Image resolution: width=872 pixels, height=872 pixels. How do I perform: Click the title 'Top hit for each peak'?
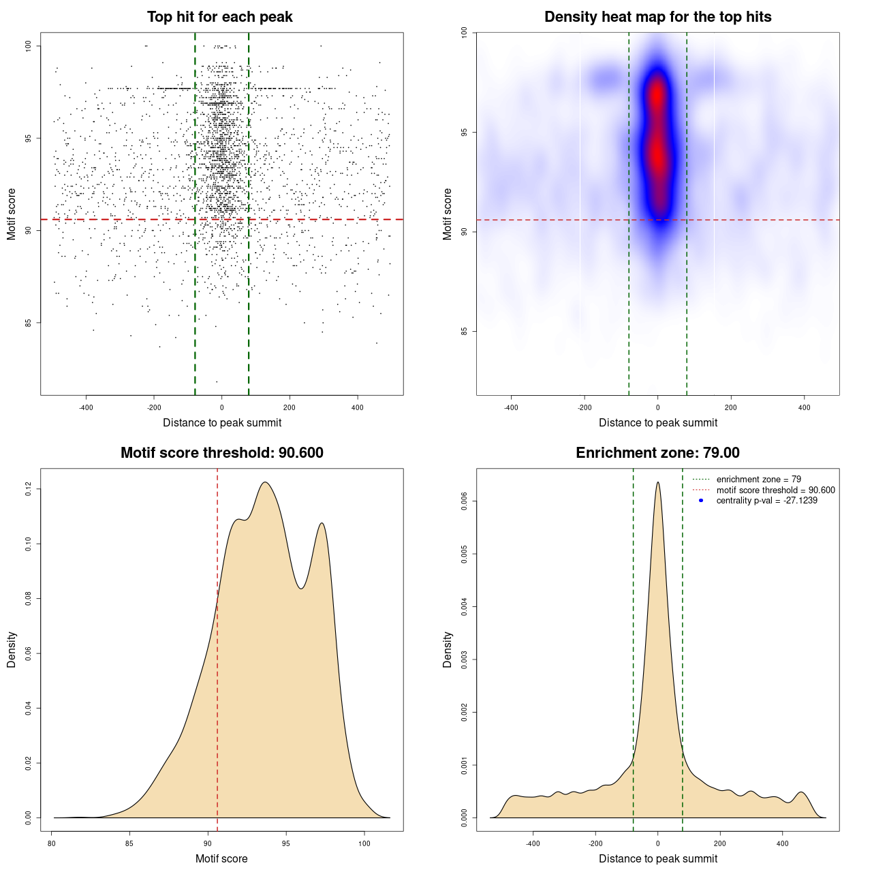tap(220, 17)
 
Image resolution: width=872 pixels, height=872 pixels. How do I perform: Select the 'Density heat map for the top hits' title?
tap(657, 17)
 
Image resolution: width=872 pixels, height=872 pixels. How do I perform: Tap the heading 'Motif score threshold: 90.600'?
tap(221, 453)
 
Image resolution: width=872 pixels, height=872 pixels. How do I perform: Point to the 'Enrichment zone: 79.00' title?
tap(657, 453)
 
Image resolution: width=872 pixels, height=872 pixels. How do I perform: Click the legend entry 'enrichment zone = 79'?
tap(758, 480)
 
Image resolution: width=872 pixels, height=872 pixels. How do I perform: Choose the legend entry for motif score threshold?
tap(775, 490)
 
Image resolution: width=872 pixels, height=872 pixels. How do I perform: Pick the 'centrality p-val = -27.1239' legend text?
tap(766, 501)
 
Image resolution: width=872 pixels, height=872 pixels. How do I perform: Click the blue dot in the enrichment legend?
tap(701, 501)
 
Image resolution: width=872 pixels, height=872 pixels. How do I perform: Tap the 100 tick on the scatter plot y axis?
tap(29, 46)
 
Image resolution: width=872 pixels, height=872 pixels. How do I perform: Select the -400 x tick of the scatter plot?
tap(86, 407)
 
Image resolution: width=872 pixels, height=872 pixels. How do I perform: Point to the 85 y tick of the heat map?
tap(465, 331)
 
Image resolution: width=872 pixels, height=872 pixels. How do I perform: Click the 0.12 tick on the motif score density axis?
tap(29, 488)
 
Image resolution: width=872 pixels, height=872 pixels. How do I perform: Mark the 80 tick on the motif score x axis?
tap(52, 843)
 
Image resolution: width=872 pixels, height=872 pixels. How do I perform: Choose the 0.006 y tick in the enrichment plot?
tap(465, 501)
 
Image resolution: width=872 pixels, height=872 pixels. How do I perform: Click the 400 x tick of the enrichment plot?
tap(783, 843)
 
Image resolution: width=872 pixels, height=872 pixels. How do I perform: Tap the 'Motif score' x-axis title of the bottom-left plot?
tap(221, 859)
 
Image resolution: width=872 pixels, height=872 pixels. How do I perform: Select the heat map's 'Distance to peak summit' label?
tap(657, 423)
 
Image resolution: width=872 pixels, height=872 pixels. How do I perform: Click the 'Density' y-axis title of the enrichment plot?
tap(448, 649)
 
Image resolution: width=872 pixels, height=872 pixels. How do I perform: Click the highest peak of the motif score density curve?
tap(265, 482)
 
